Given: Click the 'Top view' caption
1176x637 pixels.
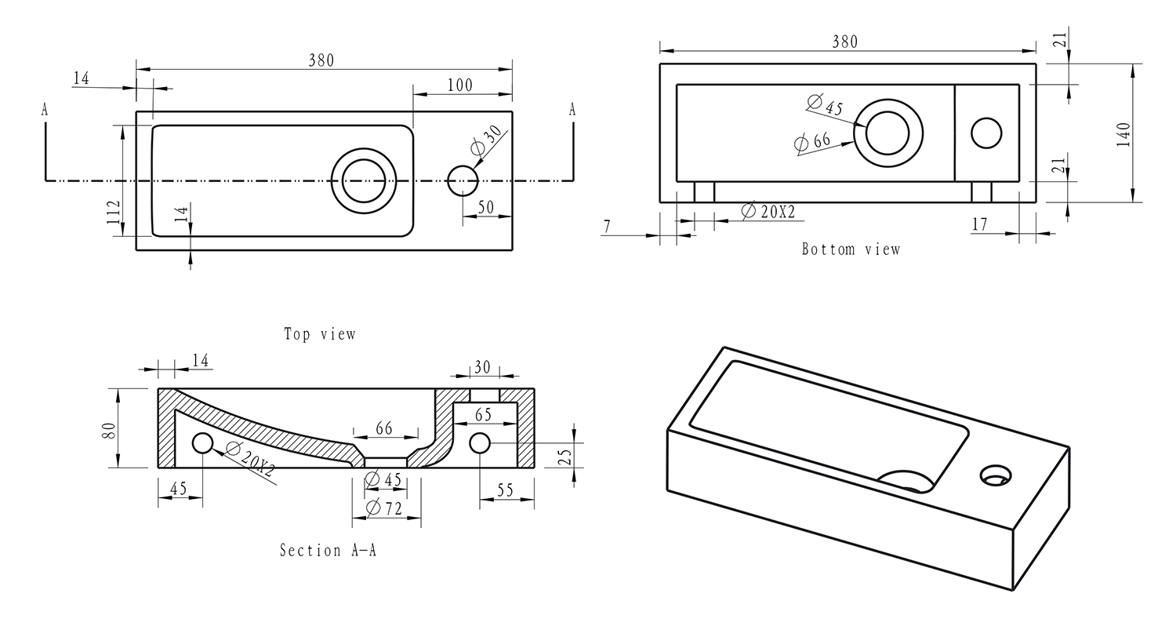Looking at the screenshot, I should tap(320, 334).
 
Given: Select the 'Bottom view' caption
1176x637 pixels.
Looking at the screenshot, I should tap(851, 249).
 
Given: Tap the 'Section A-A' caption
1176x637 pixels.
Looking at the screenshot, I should tap(328, 551).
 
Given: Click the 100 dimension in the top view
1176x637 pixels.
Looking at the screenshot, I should tap(459, 85).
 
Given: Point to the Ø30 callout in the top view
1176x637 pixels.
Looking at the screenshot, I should tap(487, 140).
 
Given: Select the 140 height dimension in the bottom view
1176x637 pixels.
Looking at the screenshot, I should tap(1123, 135).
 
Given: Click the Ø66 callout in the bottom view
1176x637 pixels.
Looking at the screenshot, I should tap(812, 142).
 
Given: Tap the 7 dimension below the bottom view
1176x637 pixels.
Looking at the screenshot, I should tap(607, 227).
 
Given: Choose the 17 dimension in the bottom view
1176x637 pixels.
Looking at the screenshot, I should tap(979, 225).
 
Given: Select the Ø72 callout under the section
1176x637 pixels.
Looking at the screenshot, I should tap(384, 508).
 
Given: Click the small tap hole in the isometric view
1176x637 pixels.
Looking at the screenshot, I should tap(996, 474).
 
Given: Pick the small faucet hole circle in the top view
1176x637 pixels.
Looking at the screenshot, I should tap(463, 180).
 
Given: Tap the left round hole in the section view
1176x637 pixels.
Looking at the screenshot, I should tap(202, 444).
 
